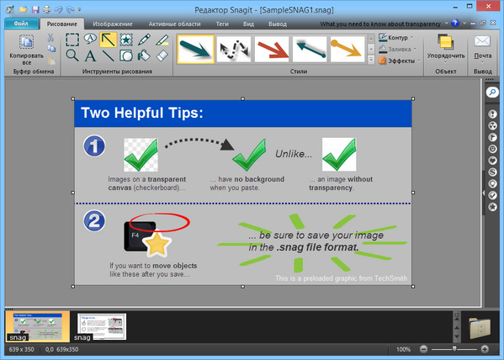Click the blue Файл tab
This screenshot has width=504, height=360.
tap(23, 24)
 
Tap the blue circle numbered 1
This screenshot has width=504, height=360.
tap(94, 146)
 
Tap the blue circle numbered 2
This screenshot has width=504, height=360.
tap(94, 221)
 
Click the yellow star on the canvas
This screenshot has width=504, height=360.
tap(156, 245)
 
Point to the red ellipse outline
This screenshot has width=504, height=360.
tap(160, 222)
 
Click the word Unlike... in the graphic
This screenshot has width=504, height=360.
tap(294, 154)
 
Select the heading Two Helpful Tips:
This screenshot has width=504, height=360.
tap(141, 113)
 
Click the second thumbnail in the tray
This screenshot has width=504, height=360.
tap(102, 326)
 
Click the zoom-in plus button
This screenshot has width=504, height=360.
tap(485, 349)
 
